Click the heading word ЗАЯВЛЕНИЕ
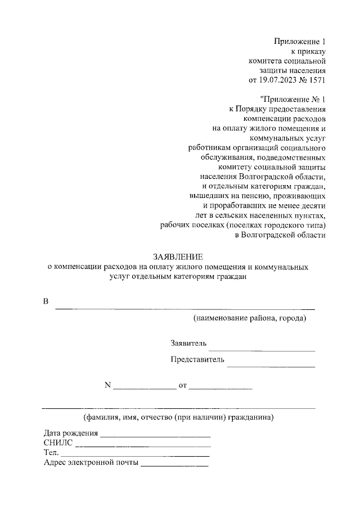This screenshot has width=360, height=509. click(x=178, y=256)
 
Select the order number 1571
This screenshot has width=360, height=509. click(x=317, y=80)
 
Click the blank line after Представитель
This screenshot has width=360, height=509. click(x=271, y=366)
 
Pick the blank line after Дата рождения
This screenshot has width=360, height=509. click(x=155, y=436)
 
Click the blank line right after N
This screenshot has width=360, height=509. click(x=145, y=389)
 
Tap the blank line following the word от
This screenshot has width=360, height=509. click(x=220, y=389)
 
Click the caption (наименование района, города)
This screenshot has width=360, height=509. click(x=250, y=319)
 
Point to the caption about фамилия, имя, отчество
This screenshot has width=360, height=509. click(x=178, y=417)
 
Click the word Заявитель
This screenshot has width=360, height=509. click(x=189, y=343)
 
